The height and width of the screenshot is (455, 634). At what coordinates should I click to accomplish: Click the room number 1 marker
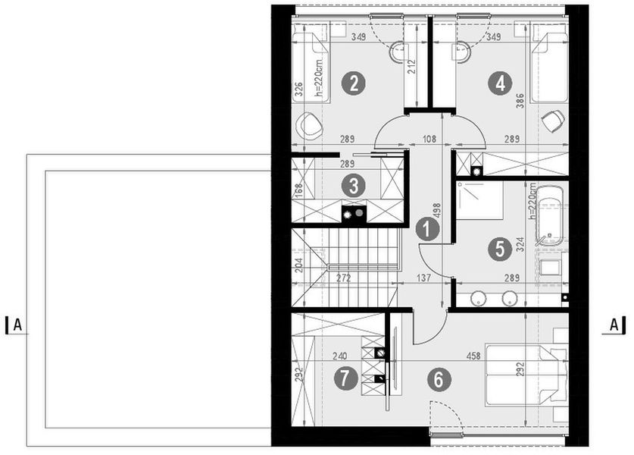tap(427, 228)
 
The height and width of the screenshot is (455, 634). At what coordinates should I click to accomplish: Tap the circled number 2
tap(351, 83)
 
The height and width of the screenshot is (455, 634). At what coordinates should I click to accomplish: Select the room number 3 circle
tap(351, 184)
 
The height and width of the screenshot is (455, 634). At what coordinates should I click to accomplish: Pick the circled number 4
tap(498, 83)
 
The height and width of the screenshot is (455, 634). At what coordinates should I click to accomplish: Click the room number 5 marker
tap(498, 248)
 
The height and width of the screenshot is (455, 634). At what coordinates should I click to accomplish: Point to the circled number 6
tap(437, 380)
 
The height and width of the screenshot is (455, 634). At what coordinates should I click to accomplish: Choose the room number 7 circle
tap(346, 378)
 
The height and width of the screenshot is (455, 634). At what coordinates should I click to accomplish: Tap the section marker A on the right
tap(614, 325)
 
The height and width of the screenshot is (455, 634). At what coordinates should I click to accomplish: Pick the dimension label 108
tap(429, 140)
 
